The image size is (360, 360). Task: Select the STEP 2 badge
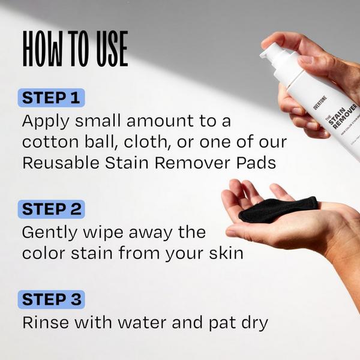click(52, 209)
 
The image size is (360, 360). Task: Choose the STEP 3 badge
click(52, 299)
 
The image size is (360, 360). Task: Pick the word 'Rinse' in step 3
click(41, 322)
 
